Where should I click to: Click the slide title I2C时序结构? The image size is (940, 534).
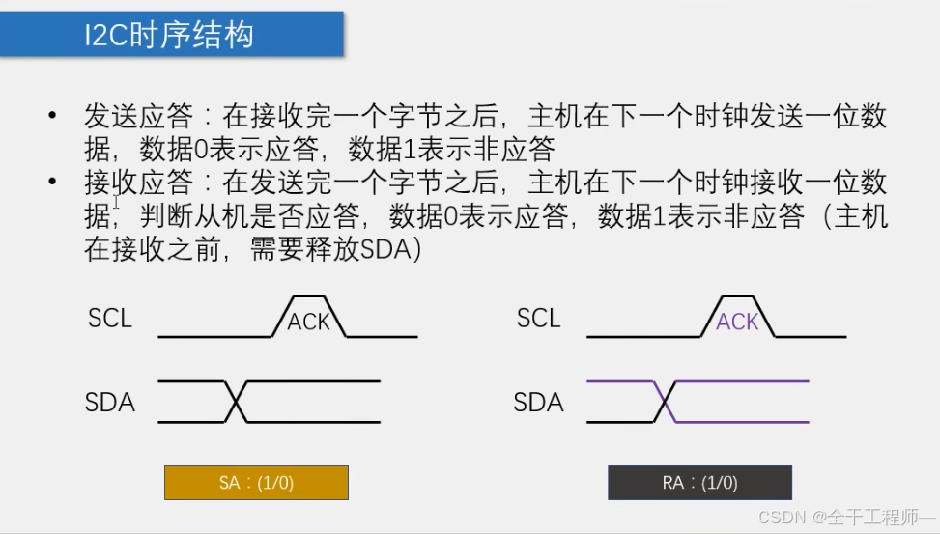pyautogui.click(x=169, y=35)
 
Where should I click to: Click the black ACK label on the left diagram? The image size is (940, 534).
pyautogui.click(x=309, y=322)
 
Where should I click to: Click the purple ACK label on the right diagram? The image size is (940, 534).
pyautogui.click(x=737, y=322)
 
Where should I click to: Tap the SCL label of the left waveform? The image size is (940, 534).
pyautogui.click(x=110, y=319)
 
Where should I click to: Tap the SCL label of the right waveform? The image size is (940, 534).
pyautogui.click(x=538, y=319)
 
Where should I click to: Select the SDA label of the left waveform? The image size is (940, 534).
pyautogui.click(x=110, y=402)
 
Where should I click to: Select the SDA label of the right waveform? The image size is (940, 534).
pyautogui.click(x=538, y=402)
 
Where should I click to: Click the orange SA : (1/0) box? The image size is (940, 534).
pyautogui.click(x=257, y=483)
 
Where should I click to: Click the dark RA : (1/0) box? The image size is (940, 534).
pyautogui.click(x=699, y=483)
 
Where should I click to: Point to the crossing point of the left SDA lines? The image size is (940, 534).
pyautogui.click(x=236, y=402)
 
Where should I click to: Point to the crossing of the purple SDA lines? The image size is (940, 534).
pyautogui.click(x=665, y=402)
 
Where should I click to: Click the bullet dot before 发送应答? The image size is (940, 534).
pyautogui.click(x=53, y=115)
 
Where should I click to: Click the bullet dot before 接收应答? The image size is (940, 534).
pyautogui.click(x=53, y=181)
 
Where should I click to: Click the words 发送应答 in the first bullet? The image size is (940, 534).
pyautogui.click(x=138, y=116)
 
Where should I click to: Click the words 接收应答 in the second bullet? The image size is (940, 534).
pyautogui.click(x=138, y=183)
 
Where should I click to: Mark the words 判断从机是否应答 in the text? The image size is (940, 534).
pyautogui.click(x=250, y=215)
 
